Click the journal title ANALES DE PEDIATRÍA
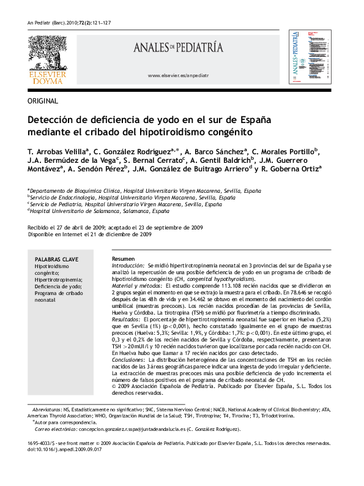(x=179, y=48)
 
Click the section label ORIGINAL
(x=43, y=101)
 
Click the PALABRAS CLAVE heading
(x=56, y=260)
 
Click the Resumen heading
(x=124, y=259)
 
